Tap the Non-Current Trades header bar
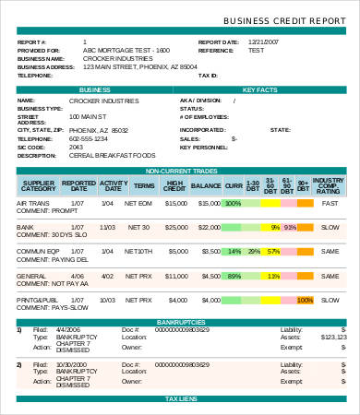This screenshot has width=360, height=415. click(x=180, y=172)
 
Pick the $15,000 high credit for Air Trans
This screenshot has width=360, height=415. click(x=174, y=203)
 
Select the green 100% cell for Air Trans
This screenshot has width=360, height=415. click(x=233, y=203)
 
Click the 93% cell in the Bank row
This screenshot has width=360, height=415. click(x=291, y=227)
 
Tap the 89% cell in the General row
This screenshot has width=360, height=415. click(x=234, y=275)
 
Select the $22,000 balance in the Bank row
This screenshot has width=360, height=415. click(x=206, y=227)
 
